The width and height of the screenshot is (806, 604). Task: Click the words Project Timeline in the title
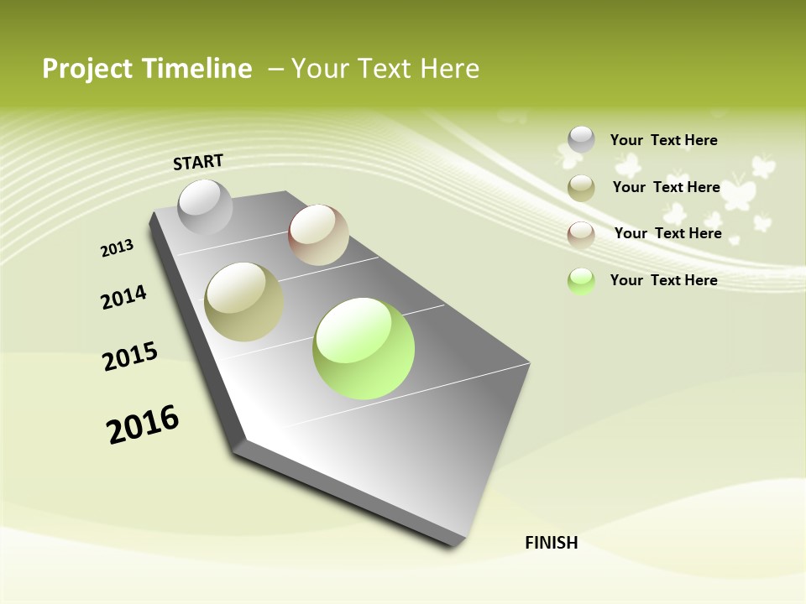[147, 69]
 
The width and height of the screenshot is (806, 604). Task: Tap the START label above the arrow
[198, 162]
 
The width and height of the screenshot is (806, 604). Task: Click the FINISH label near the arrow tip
[552, 543]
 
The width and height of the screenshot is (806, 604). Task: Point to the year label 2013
[117, 248]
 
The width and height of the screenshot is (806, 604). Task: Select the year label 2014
[123, 297]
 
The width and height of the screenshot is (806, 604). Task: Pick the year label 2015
[130, 357]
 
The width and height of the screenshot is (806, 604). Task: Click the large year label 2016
[143, 424]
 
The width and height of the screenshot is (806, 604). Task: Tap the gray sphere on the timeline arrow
[205, 207]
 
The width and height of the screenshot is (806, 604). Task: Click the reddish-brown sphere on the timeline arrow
[318, 235]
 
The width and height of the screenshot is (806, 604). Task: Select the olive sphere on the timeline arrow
[244, 302]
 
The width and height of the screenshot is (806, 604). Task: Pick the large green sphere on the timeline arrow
[364, 348]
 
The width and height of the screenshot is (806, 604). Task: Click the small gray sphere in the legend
[581, 139]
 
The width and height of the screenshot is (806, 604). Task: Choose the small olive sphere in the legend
[581, 188]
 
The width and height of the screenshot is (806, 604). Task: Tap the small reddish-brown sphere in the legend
[581, 235]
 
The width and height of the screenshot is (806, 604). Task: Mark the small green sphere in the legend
[581, 281]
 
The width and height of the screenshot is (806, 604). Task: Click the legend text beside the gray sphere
[663, 140]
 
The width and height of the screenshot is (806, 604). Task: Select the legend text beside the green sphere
[663, 280]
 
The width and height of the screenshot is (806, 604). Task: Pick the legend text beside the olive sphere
[666, 187]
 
